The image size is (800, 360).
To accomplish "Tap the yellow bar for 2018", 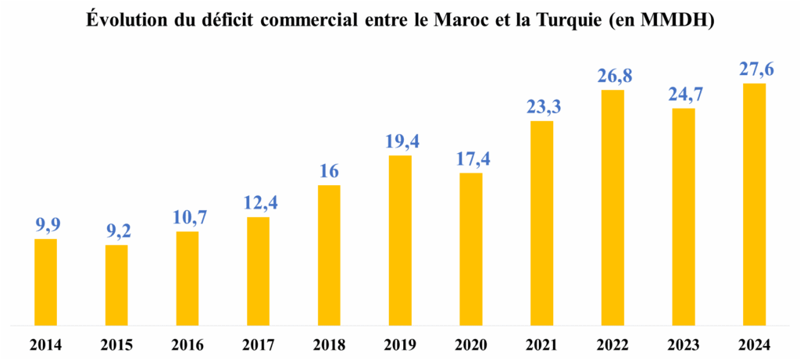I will coord(329,255).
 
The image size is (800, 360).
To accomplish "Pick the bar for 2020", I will coord(470,248).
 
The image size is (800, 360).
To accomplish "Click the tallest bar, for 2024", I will coord(754,203).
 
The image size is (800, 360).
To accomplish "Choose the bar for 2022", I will coord(612,207).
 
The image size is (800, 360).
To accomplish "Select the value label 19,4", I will coord(400,142).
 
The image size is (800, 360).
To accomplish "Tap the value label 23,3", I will coord(541,107).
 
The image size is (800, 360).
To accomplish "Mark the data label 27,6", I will coord(754,70).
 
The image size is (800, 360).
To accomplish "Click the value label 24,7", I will coord(683,94).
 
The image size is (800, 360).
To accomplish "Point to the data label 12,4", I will coord(258,204).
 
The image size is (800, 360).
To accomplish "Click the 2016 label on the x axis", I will coord(187,344).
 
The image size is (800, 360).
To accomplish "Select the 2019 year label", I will coord(400,344).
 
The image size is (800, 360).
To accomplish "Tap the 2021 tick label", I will coord(541,344).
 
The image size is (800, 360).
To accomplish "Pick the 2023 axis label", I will coord(683,344).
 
